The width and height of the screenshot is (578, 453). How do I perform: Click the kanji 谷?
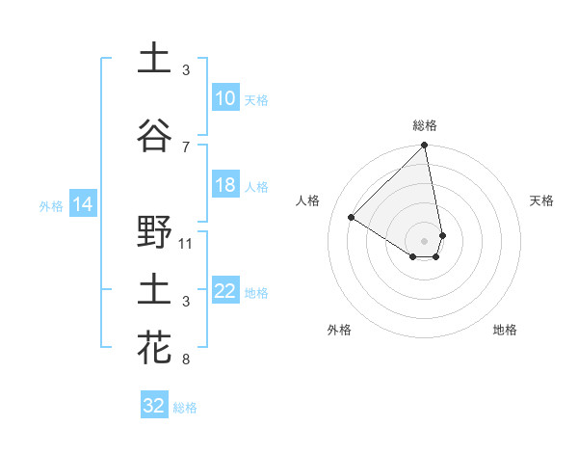coord(155,136)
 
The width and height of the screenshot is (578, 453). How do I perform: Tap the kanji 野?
coord(155,232)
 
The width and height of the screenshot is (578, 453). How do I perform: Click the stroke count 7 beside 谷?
coord(186,147)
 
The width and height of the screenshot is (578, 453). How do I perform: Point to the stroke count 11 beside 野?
coord(187,243)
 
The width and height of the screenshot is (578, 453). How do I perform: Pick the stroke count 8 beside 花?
coord(186,360)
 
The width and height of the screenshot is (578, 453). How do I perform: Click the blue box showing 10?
coord(225,98)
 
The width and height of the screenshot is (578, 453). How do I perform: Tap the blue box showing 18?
coord(225,185)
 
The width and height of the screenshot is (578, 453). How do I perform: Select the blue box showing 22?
coord(225,291)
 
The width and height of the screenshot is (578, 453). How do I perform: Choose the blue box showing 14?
coord(83,204)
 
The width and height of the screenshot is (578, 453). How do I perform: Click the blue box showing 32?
coord(154,406)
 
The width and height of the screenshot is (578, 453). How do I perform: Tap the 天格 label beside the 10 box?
coord(256,99)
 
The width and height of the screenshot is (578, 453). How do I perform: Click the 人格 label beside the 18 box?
coord(256,186)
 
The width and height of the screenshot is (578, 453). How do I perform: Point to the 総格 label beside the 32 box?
coord(185,408)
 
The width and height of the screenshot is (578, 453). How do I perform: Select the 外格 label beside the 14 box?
coord(51,205)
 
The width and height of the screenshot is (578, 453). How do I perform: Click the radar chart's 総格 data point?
coord(424,147)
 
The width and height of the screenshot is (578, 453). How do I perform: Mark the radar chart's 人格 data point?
coord(352,218)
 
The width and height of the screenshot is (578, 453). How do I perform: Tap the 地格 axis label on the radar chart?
coord(505,330)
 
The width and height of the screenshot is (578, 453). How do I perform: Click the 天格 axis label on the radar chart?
coord(541,200)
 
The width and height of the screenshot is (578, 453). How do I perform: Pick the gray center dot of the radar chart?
coord(424,241)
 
